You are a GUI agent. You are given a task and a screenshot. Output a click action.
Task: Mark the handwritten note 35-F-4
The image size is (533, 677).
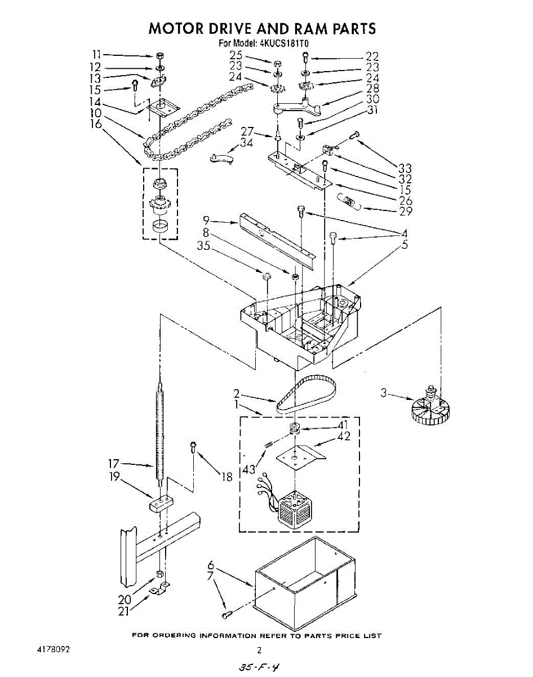pyautogui.click(x=259, y=667)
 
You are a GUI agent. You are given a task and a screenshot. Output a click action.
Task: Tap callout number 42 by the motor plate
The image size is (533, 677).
pyautogui.click(x=343, y=436)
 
